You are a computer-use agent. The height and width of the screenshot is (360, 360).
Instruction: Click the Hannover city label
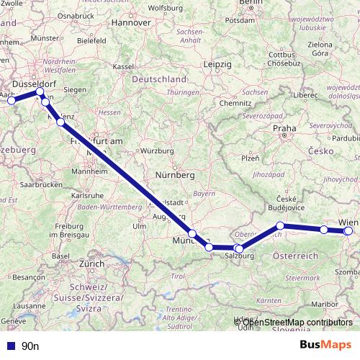point(131,22)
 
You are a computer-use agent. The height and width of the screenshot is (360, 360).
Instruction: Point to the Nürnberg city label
point(176,175)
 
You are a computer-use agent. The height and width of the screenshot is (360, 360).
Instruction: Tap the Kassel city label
point(124,66)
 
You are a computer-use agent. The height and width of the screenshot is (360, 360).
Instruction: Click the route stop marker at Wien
point(348,231)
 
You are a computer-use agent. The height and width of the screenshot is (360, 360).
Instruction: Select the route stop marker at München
point(192,233)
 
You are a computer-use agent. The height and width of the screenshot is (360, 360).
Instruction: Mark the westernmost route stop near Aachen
point(10,101)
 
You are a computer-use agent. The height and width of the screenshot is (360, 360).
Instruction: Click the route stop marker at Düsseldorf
point(40,92)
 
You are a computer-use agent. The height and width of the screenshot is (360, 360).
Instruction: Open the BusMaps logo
point(325,345)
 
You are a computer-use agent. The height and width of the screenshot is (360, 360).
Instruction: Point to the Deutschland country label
point(158,78)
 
